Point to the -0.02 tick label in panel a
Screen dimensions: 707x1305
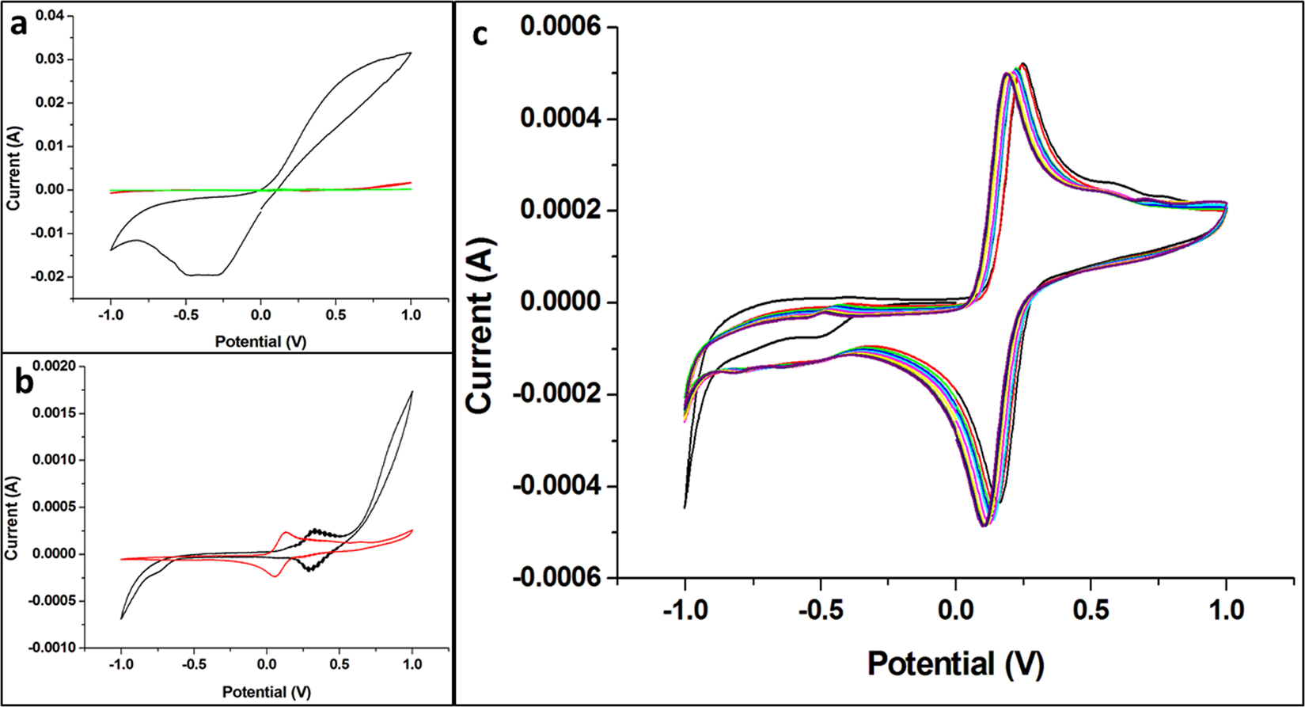(50, 277)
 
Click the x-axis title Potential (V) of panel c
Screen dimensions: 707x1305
(956, 663)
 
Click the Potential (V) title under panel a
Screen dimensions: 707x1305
(260, 341)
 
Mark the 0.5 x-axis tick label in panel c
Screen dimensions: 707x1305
(1091, 610)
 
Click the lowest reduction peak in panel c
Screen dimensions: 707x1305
(984, 525)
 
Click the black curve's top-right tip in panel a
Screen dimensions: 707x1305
(410, 53)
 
